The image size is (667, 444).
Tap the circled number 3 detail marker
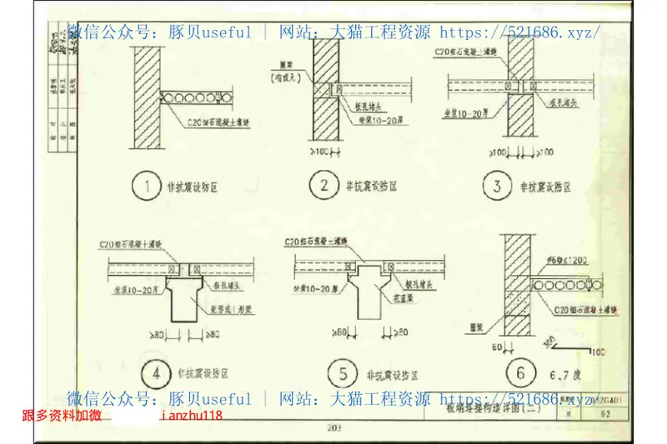pos(498,186)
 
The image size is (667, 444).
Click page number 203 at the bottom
pos(334,430)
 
